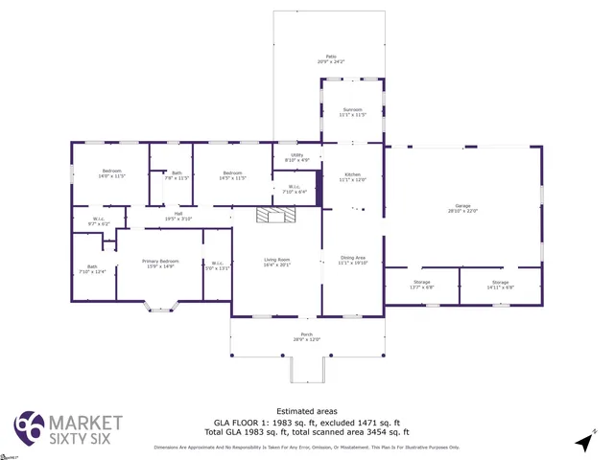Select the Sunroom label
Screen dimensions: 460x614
click(x=352, y=111)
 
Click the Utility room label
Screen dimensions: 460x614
click(x=296, y=157)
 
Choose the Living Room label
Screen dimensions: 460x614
click(x=276, y=261)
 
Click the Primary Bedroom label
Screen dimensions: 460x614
click(x=160, y=264)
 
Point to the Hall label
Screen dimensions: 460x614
click(x=178, y=216)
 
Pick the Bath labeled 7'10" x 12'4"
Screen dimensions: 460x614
click(x=92, y=269)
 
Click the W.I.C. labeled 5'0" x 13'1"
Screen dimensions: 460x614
click(x=218, y=265)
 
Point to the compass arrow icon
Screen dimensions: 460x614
click(x=583, y=441)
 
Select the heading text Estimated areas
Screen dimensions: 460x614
click(x=306, y=411)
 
